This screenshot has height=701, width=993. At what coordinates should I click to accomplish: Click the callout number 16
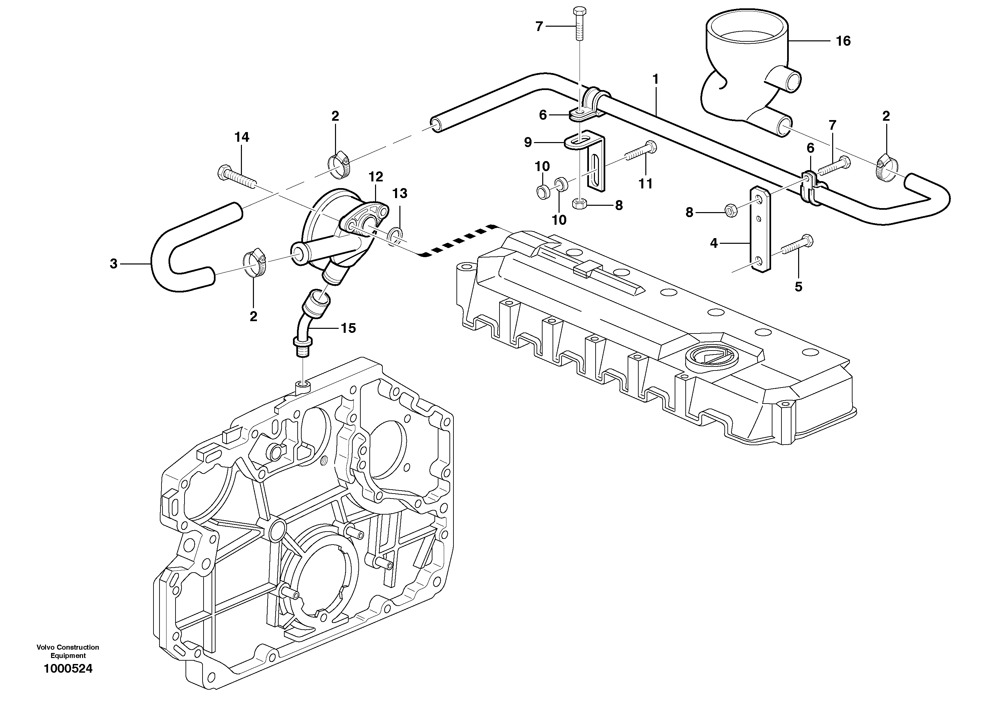tap(843, 41)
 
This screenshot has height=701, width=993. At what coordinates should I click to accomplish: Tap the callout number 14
tap(242, 137)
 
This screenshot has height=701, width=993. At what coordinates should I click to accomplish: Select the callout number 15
tap(348, 328)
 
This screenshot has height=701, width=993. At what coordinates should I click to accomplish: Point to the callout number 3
tap(113, 264)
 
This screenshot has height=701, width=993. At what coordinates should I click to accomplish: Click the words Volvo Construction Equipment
tap(68, 652)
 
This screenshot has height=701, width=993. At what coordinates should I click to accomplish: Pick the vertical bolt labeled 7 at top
tap(579, 24)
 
